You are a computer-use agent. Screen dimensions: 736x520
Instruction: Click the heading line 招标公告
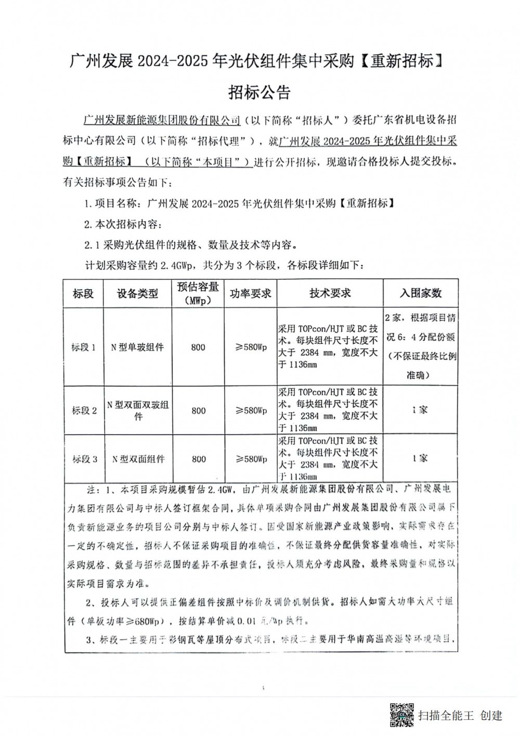coord(259,92)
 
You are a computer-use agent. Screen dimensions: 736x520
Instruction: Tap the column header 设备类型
coord(137,293)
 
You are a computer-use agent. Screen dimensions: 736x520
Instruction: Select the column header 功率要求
coord(251,293)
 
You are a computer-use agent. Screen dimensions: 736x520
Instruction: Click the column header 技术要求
coord(330,293)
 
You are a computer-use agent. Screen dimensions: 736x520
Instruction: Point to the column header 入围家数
coord(420,293)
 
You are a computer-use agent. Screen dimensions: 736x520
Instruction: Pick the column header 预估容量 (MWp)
coord(198,293)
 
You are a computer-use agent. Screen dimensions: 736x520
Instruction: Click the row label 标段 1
coord(84,347)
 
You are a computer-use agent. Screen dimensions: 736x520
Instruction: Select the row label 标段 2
coord(84,410)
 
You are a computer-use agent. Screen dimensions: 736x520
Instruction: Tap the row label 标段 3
coord(84,459)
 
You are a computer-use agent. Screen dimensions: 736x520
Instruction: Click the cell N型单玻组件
coord(137,347)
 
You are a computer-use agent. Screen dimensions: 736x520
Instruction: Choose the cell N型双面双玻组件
coord(137,410)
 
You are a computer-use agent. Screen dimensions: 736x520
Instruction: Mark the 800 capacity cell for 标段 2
coord(198,410)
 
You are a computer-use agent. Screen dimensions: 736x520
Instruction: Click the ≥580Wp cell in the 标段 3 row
coord(251,459)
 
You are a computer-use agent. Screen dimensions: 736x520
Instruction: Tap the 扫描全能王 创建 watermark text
coord(460,716)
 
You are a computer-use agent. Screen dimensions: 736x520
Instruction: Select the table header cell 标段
coord(84,293)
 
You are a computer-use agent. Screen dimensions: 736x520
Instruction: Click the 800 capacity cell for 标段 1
coord(198,347)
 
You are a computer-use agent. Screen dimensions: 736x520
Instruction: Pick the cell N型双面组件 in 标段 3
coord(137,459)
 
